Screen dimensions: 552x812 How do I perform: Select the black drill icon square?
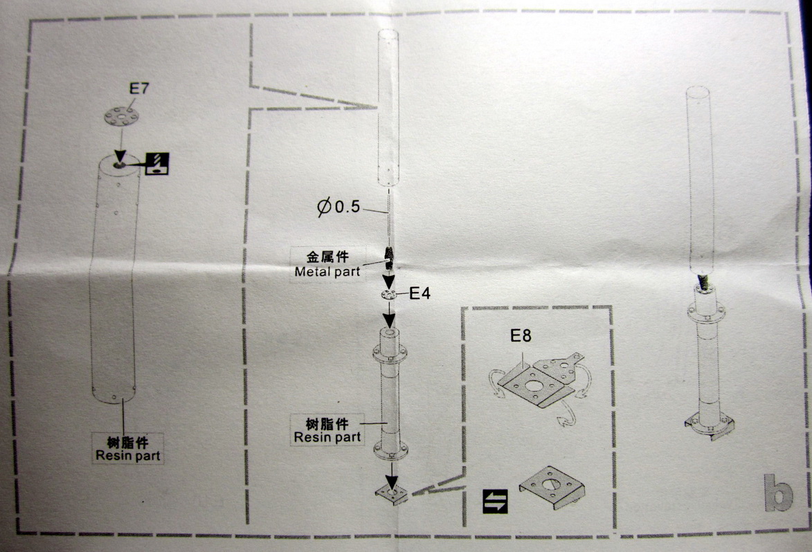click(x=157, y=163)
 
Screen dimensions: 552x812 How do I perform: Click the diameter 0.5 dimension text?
click(x=340, y=206)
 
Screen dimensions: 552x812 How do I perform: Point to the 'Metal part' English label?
click(x=327, y=271)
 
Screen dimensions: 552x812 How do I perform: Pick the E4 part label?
click(x=419, y=293)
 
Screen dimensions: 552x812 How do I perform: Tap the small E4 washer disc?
click(x=389, y=295)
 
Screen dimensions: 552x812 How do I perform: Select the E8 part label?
click(x=521, y=337)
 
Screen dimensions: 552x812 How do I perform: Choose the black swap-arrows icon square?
click(x=496, y=501)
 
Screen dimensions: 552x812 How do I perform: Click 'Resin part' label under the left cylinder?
click(x=129, y=455)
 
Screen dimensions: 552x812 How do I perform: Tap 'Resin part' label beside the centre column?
click(x=327, y=436)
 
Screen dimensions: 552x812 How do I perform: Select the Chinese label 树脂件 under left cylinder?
click(x=129, y=441)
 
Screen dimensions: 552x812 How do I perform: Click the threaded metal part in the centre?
click(x=389, y=257)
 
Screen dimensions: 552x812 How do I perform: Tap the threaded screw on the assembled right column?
click(x=704, y=280)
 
